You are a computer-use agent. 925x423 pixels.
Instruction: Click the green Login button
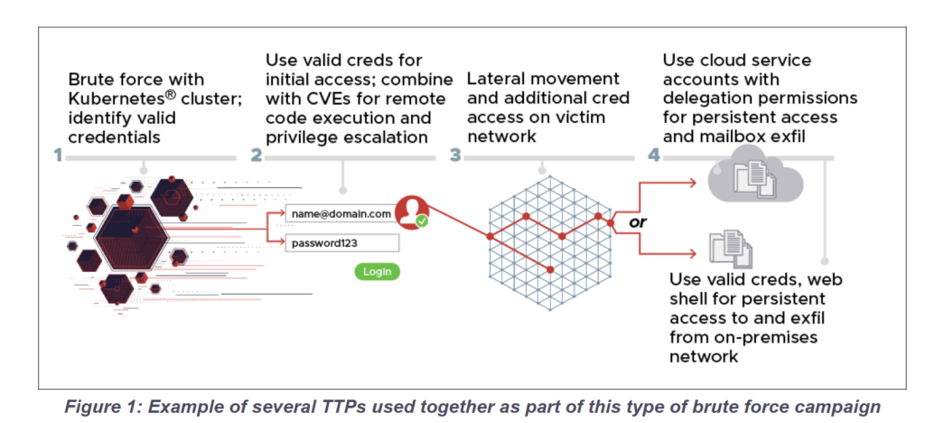point(377,271)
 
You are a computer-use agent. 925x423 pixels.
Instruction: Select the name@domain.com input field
point(341,213)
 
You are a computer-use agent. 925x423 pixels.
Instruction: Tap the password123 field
point(342,243)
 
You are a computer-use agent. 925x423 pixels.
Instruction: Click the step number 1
point(58,155)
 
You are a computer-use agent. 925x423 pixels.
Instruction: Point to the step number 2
point(256,155)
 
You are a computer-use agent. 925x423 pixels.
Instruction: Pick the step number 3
point(455,155)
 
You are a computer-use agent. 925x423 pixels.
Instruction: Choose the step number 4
point(654,155)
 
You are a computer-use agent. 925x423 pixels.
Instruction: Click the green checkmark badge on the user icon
point(421,221)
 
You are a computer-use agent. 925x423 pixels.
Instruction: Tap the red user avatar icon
point(411,211)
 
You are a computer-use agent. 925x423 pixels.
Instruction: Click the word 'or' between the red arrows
point(638,222)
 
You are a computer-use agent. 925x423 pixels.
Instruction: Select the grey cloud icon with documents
point(755,177)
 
